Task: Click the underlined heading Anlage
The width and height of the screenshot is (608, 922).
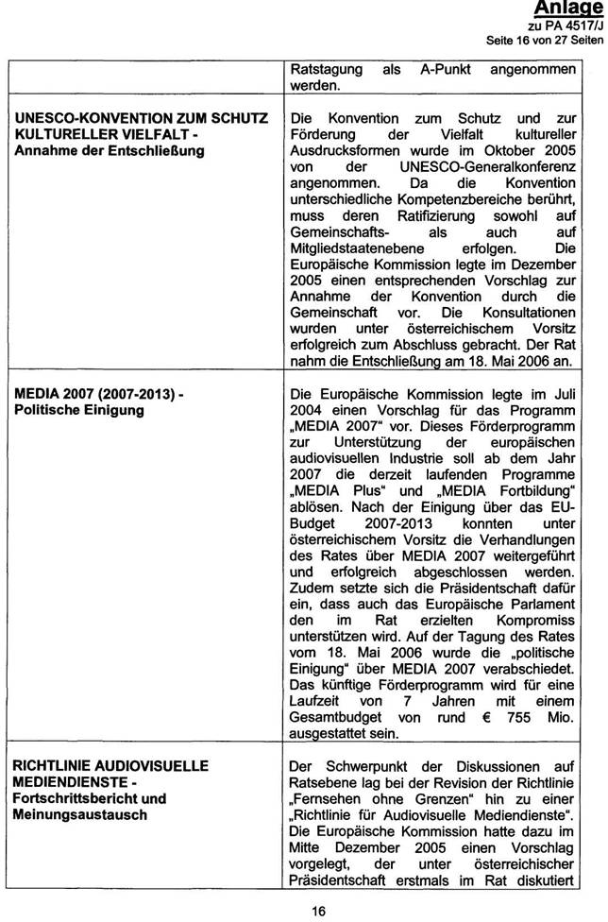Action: pyautogui.click(x=569, y=9)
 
